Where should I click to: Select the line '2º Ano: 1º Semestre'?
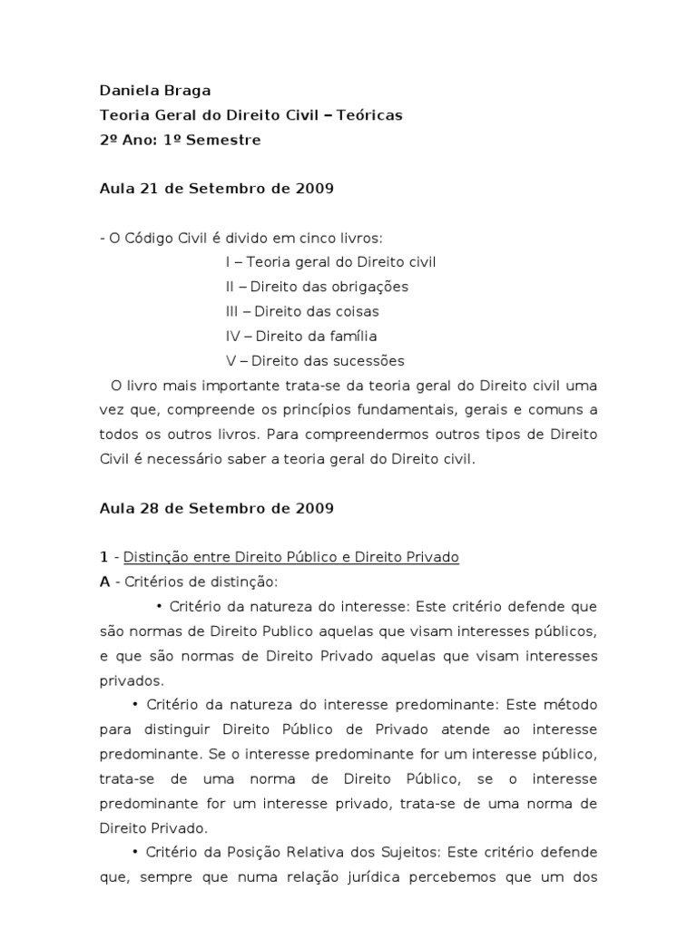[180, 140]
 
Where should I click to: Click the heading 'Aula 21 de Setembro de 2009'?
[216, 189]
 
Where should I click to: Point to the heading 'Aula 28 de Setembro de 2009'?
[216, 508]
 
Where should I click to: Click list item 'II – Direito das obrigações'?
[317, 287]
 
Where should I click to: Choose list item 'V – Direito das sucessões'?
[314, 360]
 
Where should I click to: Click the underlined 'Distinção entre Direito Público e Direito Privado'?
[290, 557]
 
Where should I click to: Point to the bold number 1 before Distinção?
[103, 557]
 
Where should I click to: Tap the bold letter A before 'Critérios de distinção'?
[104, 582]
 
